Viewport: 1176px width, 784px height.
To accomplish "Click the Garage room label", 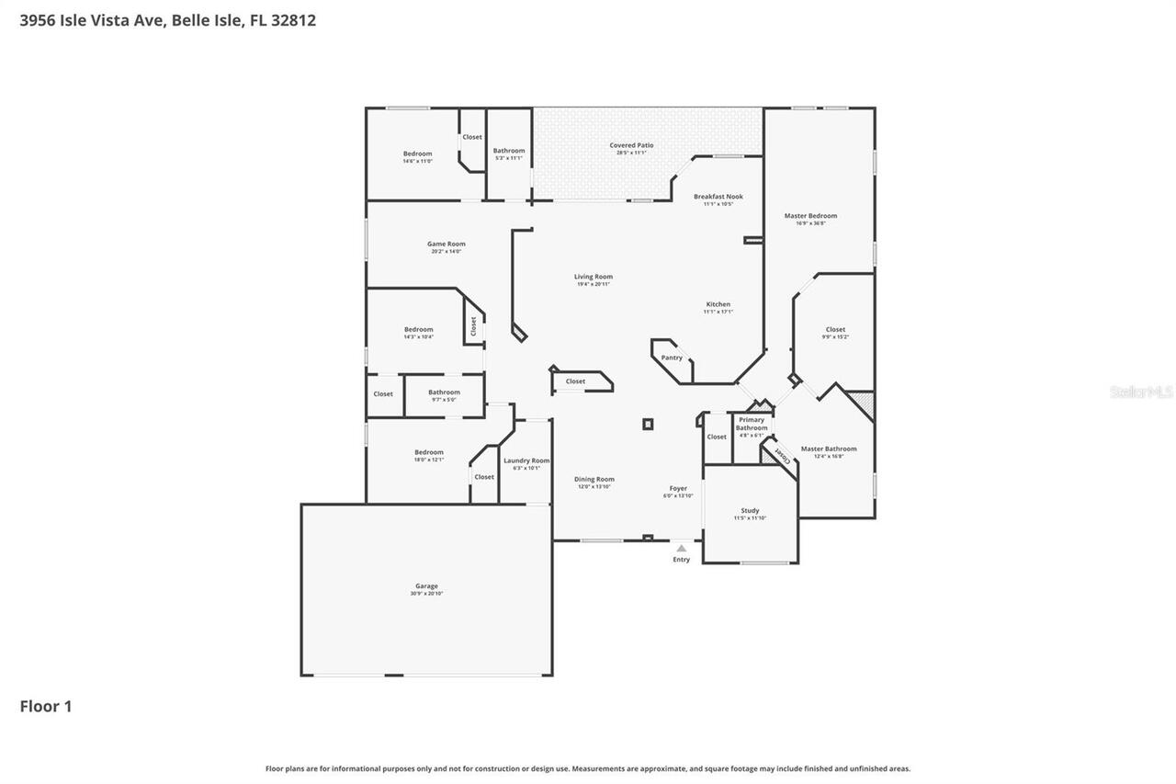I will pos(426,586).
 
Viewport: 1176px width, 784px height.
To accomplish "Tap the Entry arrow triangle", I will pos(681,549).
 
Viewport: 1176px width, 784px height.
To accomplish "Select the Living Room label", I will pos(594,277).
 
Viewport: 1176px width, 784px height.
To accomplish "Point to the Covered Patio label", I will pos(631,145).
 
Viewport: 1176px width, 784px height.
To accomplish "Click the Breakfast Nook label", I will pos(718,197).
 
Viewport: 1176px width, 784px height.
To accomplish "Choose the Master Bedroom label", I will pos(810,216).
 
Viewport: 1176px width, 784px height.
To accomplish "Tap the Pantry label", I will pos(672,358).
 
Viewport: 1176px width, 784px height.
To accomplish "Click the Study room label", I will pos(750,510).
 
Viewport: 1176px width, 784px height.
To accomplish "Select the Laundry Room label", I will pos(526,460).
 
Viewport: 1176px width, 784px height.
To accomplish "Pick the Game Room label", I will pos(446,244).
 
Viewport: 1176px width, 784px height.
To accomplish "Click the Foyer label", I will pos(678,489).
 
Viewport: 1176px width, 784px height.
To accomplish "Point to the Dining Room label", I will pos(594,479).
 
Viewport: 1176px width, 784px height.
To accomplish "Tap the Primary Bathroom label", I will pos(752,424).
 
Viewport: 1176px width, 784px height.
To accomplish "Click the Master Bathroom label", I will pos(829,449).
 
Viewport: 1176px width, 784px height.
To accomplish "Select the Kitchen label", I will pos(718,304).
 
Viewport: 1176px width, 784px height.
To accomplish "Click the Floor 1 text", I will pos(46,706).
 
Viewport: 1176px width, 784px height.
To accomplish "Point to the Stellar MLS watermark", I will pos(1141,392).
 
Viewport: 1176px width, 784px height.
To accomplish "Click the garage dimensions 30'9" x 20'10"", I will pos(426,594).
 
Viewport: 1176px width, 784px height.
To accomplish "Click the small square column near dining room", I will pos(648,424).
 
